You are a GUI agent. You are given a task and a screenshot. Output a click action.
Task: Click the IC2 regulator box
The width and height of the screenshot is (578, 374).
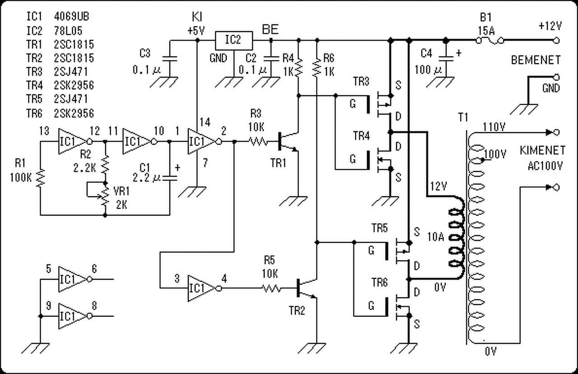(234, 41)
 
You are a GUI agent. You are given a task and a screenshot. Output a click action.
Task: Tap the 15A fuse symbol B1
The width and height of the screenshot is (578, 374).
(489, 41)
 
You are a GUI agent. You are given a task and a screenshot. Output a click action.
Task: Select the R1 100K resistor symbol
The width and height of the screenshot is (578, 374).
(41, 178)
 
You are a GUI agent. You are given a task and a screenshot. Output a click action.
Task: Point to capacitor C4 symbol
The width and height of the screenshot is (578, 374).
(446, 59)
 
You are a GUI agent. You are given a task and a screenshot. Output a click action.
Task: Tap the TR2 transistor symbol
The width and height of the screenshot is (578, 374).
(307, 288)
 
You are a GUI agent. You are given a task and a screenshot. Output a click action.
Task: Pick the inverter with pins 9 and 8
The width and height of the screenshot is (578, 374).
(75, 316)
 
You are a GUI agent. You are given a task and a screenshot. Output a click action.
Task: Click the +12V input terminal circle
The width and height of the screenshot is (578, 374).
(557, 41)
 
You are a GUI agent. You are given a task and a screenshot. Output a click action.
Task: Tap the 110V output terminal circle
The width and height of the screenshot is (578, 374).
(557, 133)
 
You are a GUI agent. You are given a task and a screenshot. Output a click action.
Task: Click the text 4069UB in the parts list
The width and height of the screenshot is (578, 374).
(71, 17)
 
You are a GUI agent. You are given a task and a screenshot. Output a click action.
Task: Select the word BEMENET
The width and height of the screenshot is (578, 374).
(536, 60)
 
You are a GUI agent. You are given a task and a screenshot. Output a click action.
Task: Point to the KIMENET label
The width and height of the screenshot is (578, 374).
(542, 151)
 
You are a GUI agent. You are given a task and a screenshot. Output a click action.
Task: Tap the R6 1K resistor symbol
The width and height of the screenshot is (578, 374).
(317, 68)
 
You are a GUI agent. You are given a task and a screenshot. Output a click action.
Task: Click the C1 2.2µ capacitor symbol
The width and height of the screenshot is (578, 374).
(169, 178)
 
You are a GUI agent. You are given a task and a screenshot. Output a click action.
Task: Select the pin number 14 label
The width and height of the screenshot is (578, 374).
(205, 122)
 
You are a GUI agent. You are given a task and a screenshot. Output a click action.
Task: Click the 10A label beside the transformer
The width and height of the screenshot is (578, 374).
(436, 237)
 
